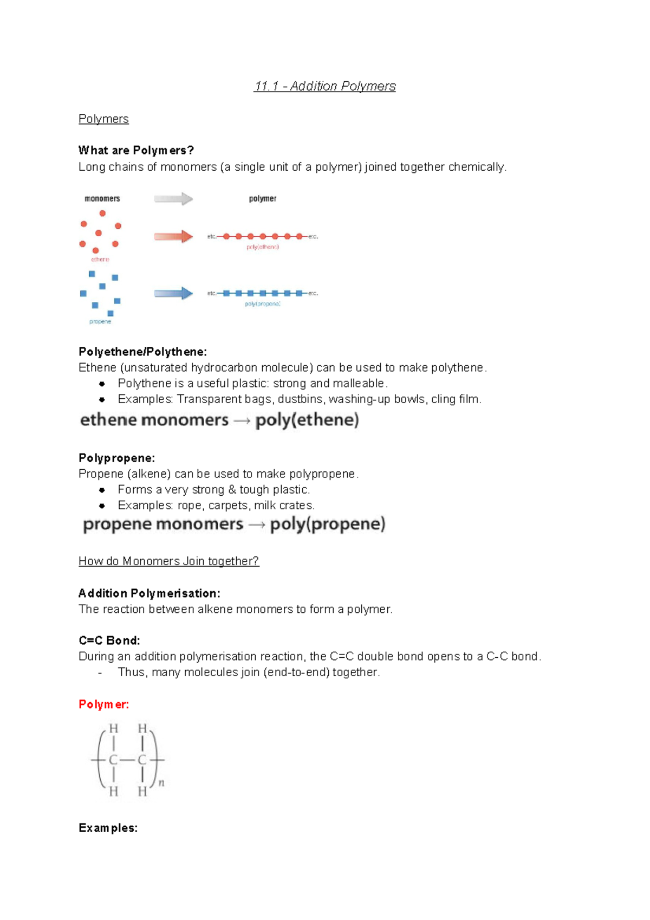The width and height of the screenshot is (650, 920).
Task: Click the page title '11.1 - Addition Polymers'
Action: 324,86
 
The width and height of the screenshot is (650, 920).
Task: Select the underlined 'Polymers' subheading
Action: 103,119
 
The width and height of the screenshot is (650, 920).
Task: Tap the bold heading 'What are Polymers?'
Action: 136,150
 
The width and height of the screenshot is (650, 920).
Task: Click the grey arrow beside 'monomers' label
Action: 173,199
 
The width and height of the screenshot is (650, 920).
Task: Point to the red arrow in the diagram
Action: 173,236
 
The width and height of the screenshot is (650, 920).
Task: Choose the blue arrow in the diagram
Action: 173,293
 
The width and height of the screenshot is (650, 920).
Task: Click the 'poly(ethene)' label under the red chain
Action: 263,247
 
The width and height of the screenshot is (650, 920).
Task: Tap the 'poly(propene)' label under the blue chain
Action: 263,304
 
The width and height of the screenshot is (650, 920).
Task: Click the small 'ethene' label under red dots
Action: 100,260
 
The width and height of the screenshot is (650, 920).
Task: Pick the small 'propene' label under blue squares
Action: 100,322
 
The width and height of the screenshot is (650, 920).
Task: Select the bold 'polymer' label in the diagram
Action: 263,199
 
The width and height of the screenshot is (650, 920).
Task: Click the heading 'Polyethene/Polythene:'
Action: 142,352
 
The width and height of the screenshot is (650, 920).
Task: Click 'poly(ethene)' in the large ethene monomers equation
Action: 307,420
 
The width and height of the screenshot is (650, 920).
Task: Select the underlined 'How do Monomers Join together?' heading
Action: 168,561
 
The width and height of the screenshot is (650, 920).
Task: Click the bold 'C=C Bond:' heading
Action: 109,640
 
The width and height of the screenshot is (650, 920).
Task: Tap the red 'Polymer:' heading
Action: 103,704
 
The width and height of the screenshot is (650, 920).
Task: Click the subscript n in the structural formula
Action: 161,783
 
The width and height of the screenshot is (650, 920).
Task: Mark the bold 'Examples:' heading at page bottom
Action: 108,828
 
